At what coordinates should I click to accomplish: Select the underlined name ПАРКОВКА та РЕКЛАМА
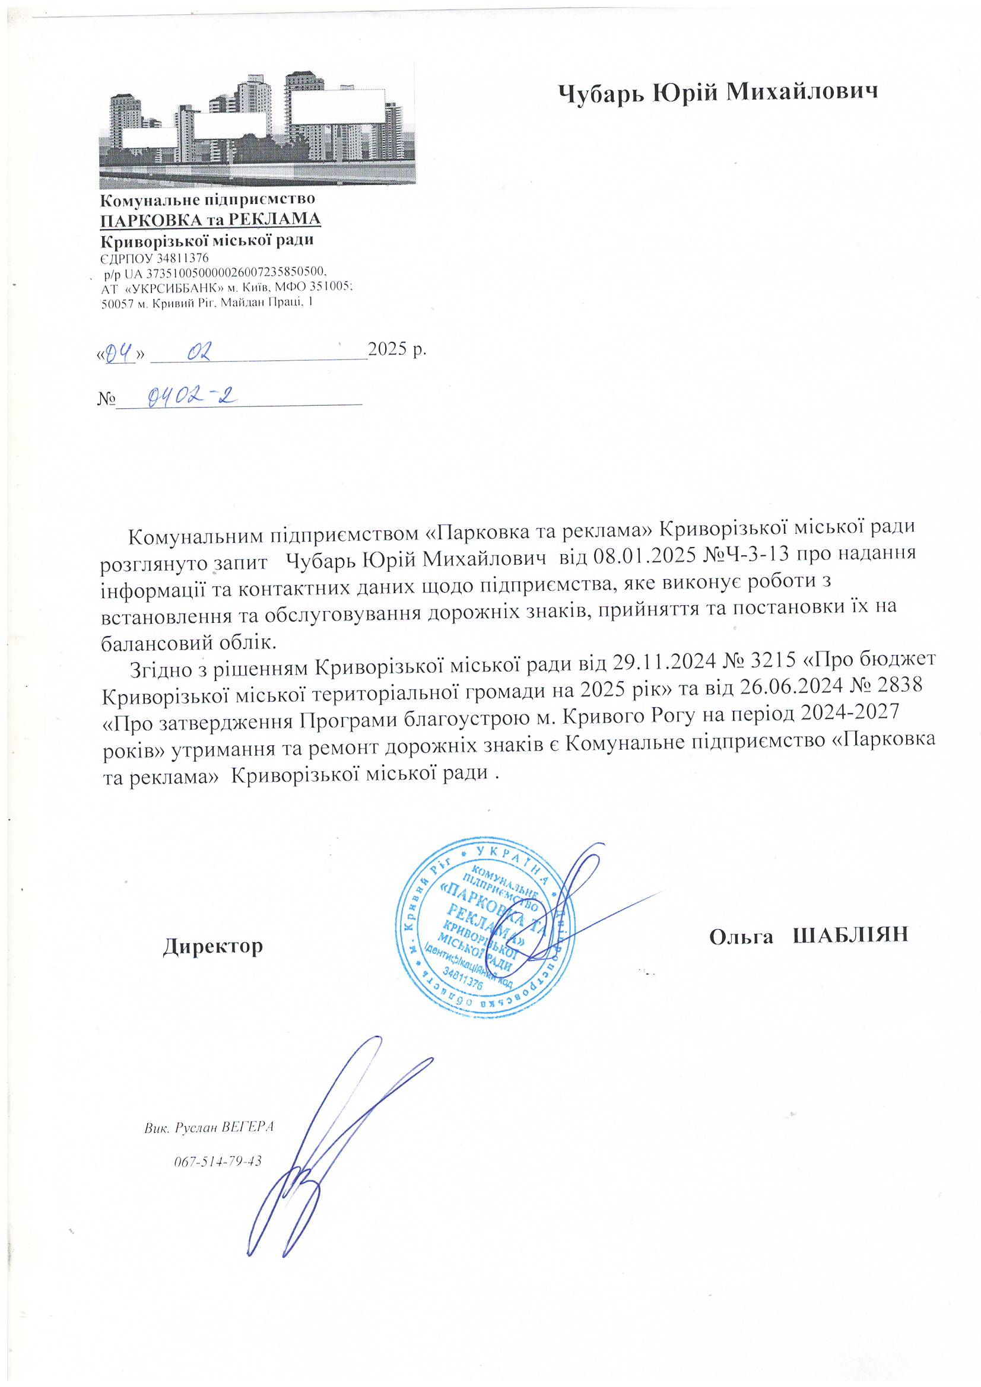[210, 219]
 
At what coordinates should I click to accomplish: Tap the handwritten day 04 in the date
[119, 352]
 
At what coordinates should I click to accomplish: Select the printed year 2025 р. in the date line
[397, 349]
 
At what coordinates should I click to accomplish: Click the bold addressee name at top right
[717, 92]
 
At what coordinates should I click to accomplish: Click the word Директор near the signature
[213, 946]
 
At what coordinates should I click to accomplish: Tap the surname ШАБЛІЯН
[850, 936]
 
